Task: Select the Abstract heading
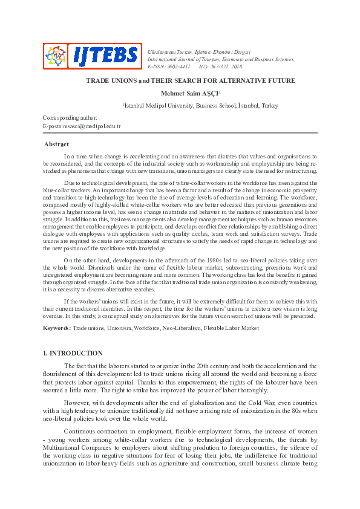[56, 144]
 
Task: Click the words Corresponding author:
[70, 118]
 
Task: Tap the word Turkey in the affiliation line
[270, 105]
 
